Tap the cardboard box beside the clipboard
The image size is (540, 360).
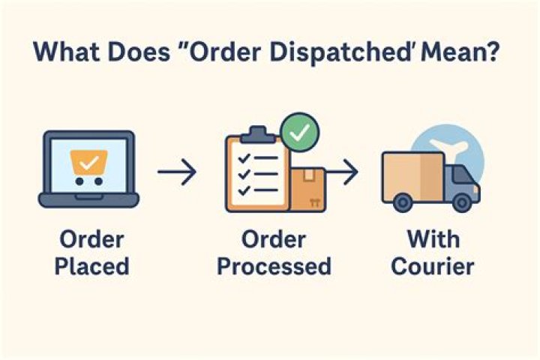click(307, 188)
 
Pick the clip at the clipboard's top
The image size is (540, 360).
click(256, 134)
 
